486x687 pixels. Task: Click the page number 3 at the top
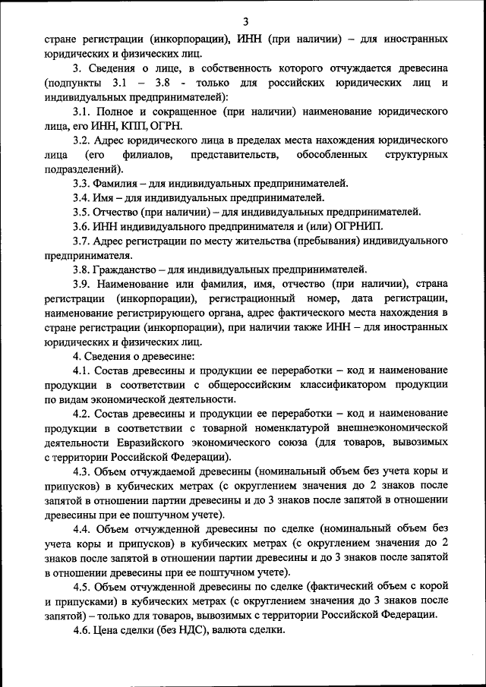(x=245, y=20)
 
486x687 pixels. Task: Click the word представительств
(x=228, y=155)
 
